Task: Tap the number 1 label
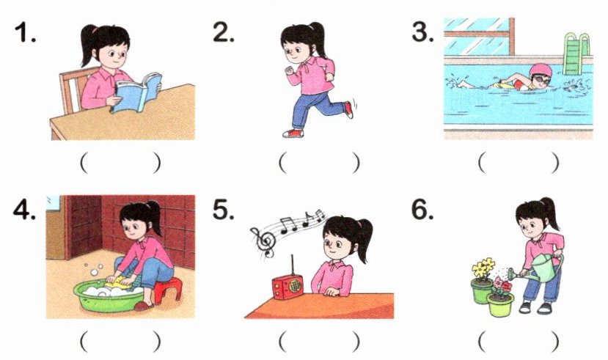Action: [25, 32]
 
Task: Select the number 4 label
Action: [24, 210]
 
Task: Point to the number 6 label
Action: [422, 210]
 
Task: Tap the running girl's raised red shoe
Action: [348, 109]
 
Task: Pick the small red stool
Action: [167, 289]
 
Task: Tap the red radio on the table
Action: [287, 287]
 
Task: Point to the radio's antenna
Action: [293, 265]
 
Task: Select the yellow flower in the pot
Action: [483, 268]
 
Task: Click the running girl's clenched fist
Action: [289, 71]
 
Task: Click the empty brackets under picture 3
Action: [519, 162]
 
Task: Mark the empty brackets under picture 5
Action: [319, 341]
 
